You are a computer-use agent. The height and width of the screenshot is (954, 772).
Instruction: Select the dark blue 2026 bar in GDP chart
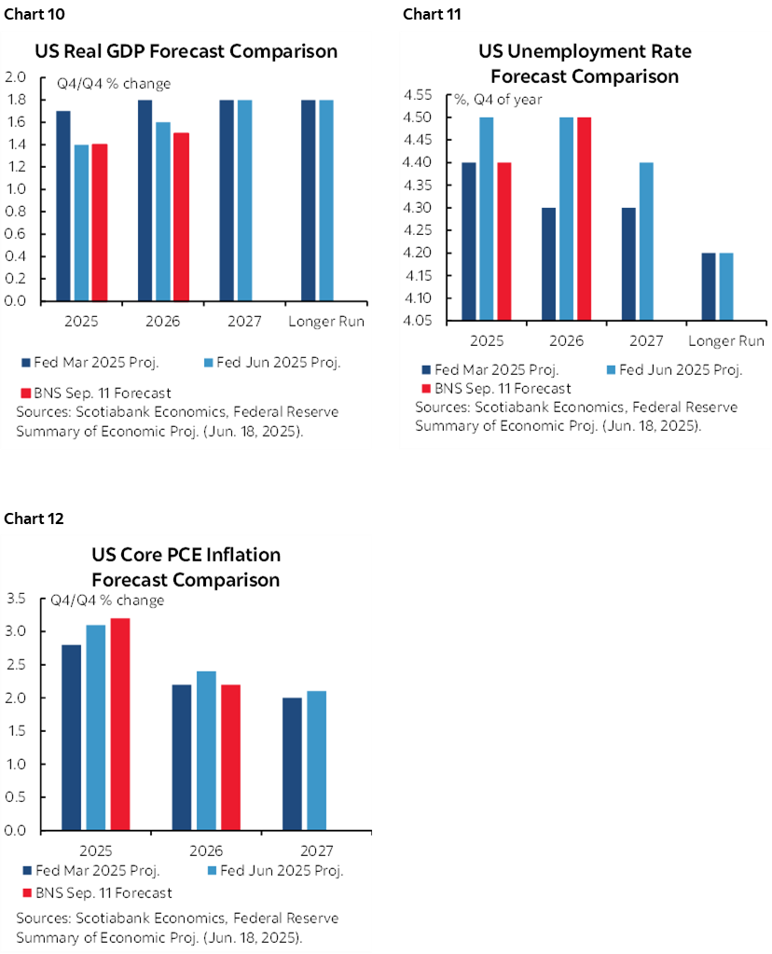click(145, 200)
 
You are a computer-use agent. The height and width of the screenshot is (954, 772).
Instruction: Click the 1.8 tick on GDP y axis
click(18, 100)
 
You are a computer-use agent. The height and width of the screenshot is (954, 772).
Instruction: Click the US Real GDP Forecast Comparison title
click(186, 50)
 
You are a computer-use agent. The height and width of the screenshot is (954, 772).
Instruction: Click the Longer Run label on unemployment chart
click(725, 340)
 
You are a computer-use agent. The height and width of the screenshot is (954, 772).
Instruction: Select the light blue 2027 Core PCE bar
click(315, 760)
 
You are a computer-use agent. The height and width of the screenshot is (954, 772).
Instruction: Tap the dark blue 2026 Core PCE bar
click(181, 756)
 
